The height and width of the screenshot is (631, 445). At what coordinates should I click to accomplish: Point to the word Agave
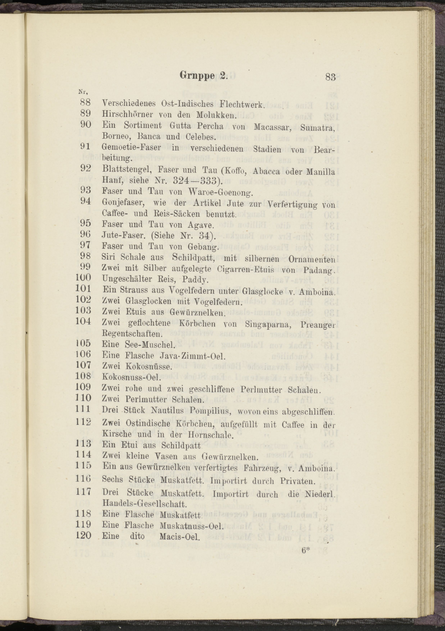201,225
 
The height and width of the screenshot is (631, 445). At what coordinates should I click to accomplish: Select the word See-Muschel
150,345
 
